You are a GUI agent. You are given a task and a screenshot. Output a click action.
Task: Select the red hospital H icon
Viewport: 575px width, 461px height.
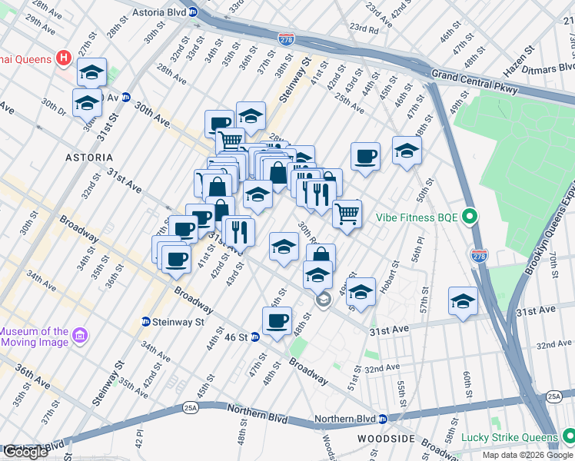coord(63,58)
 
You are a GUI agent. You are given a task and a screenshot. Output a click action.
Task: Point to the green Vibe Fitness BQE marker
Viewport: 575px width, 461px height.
coord(470,217)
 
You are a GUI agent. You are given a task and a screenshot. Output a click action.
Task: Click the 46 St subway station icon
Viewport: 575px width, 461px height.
coord(254,337)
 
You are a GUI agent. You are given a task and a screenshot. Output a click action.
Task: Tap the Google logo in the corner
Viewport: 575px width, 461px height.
coord(25,452)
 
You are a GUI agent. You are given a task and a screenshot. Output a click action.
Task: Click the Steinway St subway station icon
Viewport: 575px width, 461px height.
coord(145,321)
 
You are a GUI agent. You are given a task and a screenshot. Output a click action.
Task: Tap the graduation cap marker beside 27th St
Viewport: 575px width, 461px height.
coord(92,72)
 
